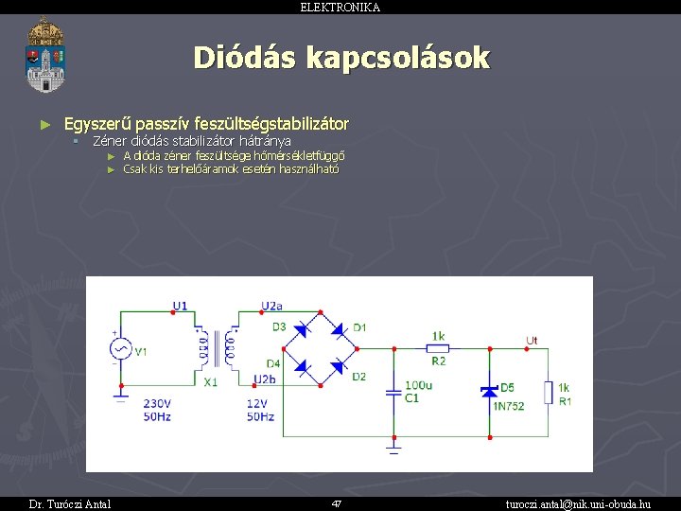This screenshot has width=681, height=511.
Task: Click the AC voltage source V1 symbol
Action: [121, 350]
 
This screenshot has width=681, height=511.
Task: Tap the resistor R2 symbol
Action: [438, 348]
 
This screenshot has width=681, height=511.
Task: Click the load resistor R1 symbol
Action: [549, 392]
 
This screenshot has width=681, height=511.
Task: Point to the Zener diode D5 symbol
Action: [490, 390]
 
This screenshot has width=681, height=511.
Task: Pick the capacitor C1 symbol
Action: [393, 391]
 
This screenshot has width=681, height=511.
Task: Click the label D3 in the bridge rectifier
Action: [279, 326]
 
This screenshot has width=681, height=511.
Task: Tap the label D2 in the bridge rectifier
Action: [358, 377]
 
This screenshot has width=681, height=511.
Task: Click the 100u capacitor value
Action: [418, 385]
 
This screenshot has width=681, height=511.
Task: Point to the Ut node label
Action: [532, 340]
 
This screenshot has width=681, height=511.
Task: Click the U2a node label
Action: [271, 306]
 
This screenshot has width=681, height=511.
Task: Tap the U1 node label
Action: [180, 306]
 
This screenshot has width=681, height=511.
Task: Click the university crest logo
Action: [45, 55]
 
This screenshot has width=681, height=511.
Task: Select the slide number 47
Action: [336, 503]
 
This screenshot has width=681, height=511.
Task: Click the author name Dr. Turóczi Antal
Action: [69, 503]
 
